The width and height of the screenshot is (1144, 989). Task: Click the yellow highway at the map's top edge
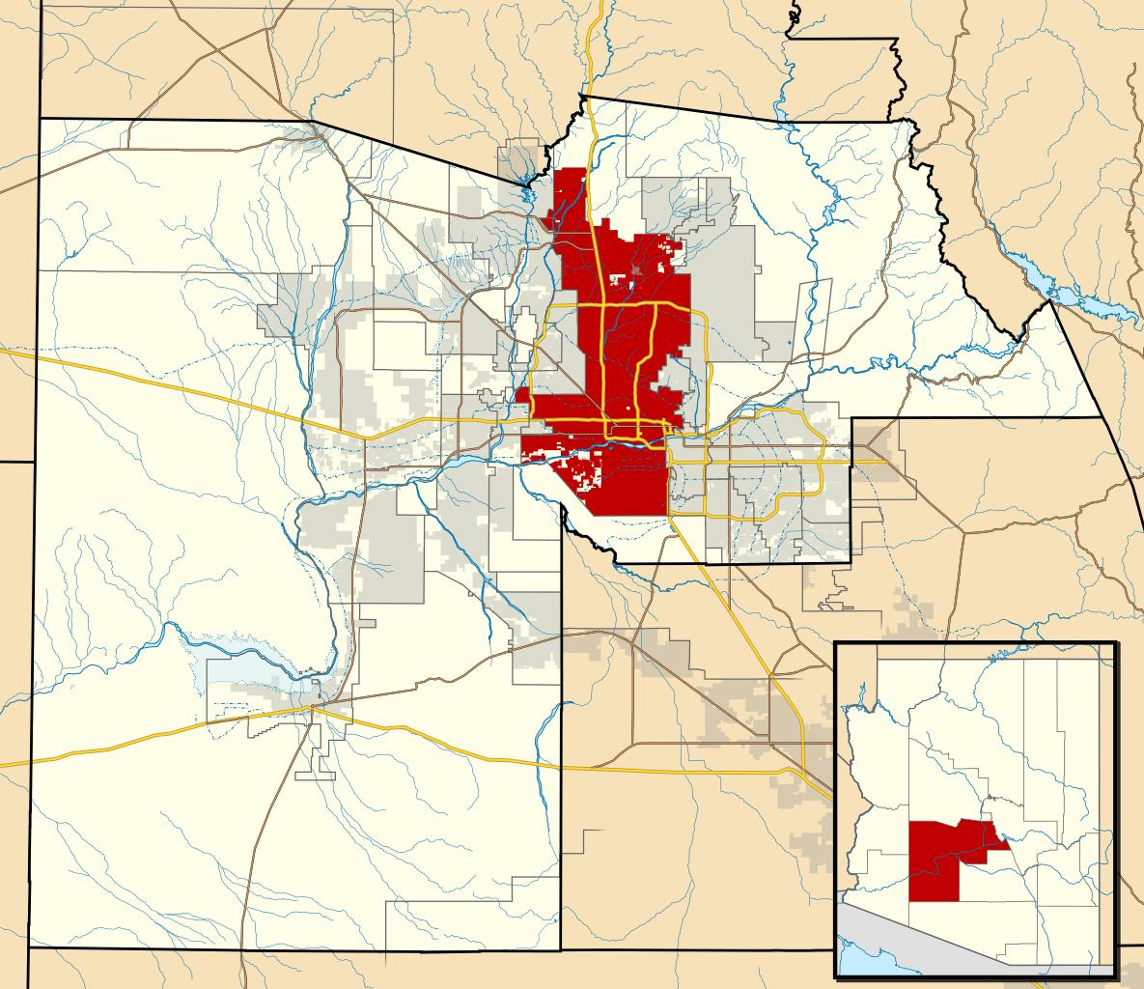[x=600, y=8]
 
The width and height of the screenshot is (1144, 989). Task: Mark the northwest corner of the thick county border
[x=41, y=119]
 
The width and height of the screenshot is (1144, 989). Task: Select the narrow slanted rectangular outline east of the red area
[x=812, y=319]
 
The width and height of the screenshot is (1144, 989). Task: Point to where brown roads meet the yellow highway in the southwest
[x=313, y=710]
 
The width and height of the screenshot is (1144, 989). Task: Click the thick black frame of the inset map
[x=836, y=811]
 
